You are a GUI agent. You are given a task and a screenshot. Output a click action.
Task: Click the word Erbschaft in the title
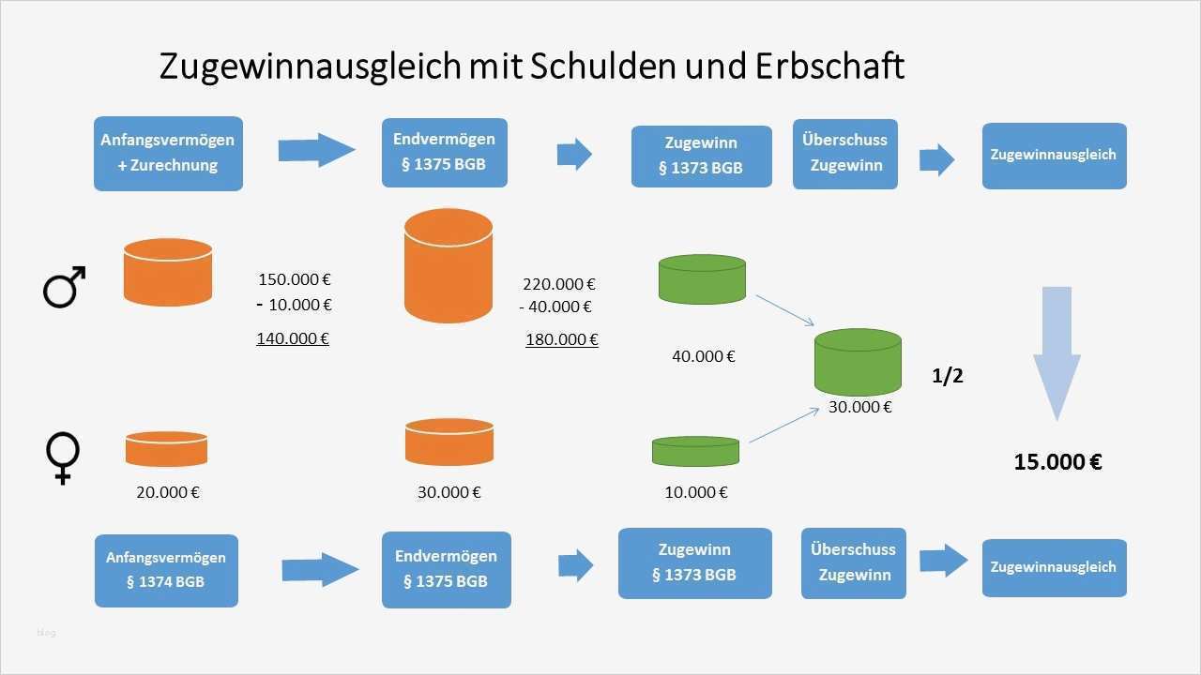pyautogui.click(x=829, y=67)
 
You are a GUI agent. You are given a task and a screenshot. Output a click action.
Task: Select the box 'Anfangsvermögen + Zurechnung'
pyautogui.click(x=168, y=153)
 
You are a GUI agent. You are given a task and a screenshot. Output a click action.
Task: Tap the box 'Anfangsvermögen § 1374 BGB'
pyautogui.click(x=166, y=570)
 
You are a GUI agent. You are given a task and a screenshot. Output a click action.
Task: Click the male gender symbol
pyautogui.click(x=64, y=287)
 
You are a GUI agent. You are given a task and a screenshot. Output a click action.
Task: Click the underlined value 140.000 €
pyautogui.click(x=293, y=338)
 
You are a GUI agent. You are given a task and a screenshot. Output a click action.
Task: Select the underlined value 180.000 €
pyautogui.click(x=561, y=339)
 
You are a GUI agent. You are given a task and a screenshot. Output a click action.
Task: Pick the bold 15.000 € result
pyautogui.click(x=1057, y=461)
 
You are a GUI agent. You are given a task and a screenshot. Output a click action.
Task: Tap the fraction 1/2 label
pyautogui.click(x=947, y=376)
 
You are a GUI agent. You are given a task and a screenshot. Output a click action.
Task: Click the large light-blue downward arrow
pyautogui.click(x=1057, y=352)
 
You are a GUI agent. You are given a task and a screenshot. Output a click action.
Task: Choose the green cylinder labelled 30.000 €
pyautogui.click(x=858, y=361)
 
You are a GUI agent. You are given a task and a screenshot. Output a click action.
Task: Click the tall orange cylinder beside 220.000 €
pyautogui.click(x=448, y=266)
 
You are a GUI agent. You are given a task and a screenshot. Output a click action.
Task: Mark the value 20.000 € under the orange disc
pyautogui.click(x=168, y=492)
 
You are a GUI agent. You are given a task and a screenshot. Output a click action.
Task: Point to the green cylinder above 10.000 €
pyautogui.click(x=695, y=451)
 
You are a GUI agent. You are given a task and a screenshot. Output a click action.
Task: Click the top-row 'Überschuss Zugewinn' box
pyautogui.click(x=844, y=153)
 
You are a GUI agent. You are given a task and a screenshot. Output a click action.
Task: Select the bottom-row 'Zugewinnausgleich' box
pyautogui.click(x=1054, y=567)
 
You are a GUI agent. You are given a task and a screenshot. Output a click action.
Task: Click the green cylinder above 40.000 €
pyautogui.click(x=702, y=278)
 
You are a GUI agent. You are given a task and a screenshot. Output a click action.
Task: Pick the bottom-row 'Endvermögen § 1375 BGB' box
pyautogui.click(x=446, y=569)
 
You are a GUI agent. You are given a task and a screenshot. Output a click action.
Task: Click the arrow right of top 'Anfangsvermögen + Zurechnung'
pyautogui.click(x=317, y=150)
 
